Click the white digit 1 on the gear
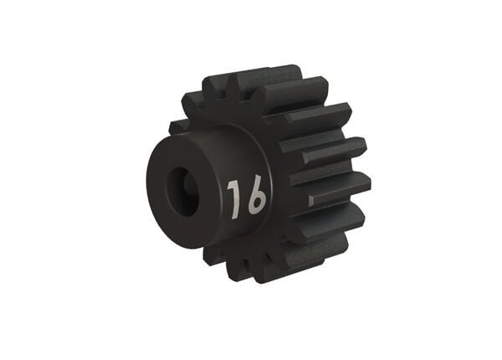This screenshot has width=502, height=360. pyautogui.click(x=234, y=198)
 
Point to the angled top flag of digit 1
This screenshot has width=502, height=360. pyautogui.click(x=230, y=184)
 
